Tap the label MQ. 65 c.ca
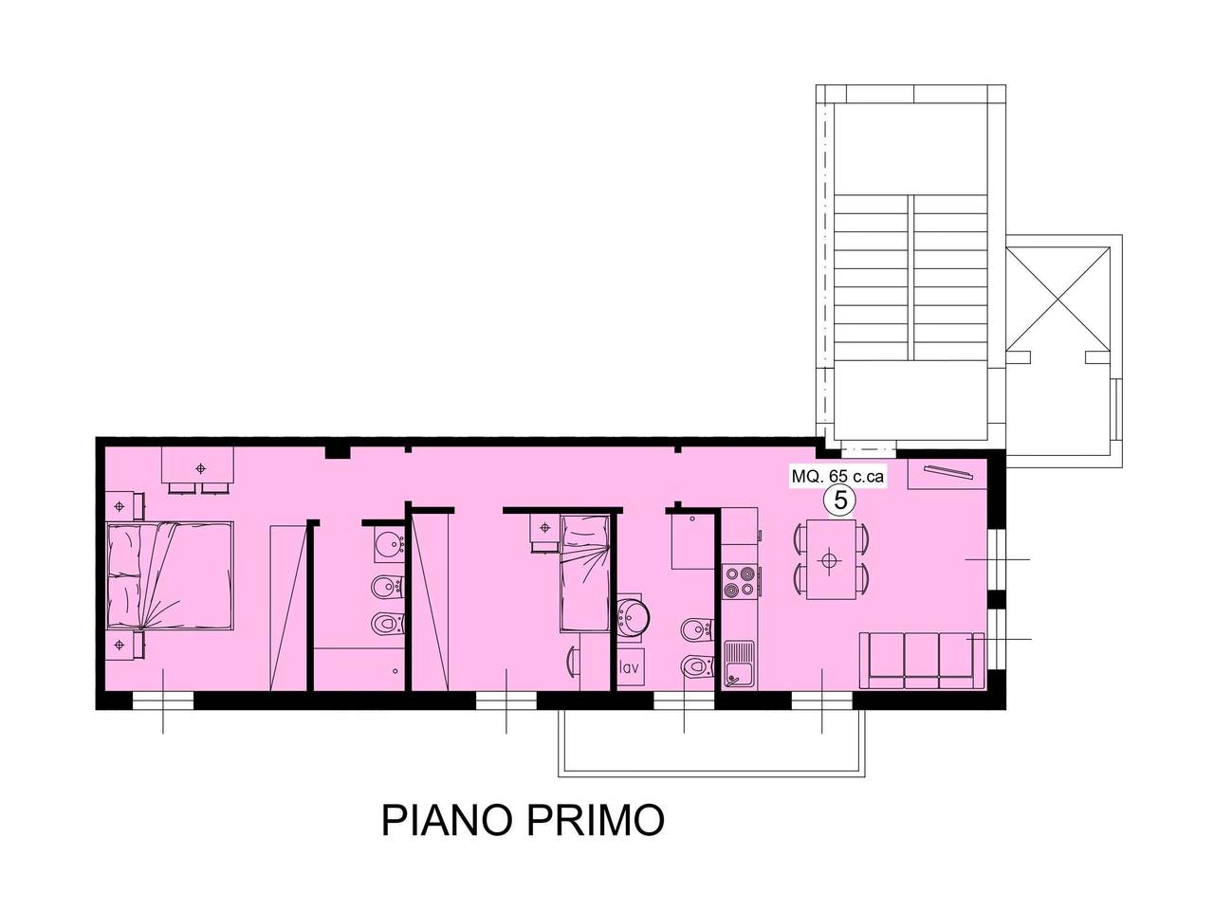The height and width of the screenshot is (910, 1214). [x=837, y=477]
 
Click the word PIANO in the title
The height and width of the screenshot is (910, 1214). [x=444, y=820]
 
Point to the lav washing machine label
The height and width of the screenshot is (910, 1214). [x=628, y=667]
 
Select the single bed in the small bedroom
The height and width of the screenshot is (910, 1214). [x=584, y=573]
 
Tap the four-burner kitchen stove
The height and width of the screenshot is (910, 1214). [x=740, y=581]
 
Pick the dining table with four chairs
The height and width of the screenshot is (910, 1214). [x=830, y=559]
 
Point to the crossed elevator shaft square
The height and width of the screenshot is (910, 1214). [x=1057, y=298]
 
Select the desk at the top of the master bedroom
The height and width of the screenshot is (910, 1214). [x=199, y=466]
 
